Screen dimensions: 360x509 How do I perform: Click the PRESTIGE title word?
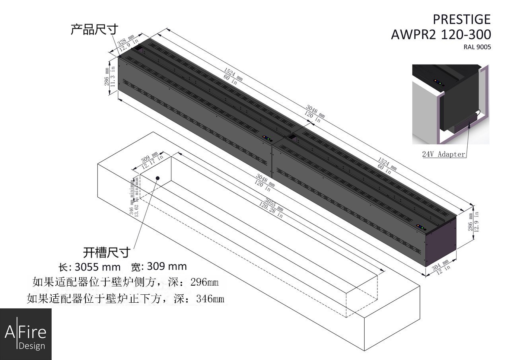click(x=461, y=19)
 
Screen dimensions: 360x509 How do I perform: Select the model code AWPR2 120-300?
click(x=441, y=35)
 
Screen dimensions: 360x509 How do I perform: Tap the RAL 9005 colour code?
click(x=477, y=47)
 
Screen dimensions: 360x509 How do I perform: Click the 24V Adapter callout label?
click(x=443, y=154)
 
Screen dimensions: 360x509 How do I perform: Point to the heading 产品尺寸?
click(x=94, y=29)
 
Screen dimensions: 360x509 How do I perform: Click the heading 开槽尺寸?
click(x=107, y=252)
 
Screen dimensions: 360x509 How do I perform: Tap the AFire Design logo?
click(x=25, y=334)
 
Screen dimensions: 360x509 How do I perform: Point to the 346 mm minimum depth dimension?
click(x=134, y=197)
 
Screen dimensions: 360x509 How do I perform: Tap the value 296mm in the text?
click(x=204, y=282)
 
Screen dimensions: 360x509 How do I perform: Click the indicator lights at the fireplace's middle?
click(x=266, y=138)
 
